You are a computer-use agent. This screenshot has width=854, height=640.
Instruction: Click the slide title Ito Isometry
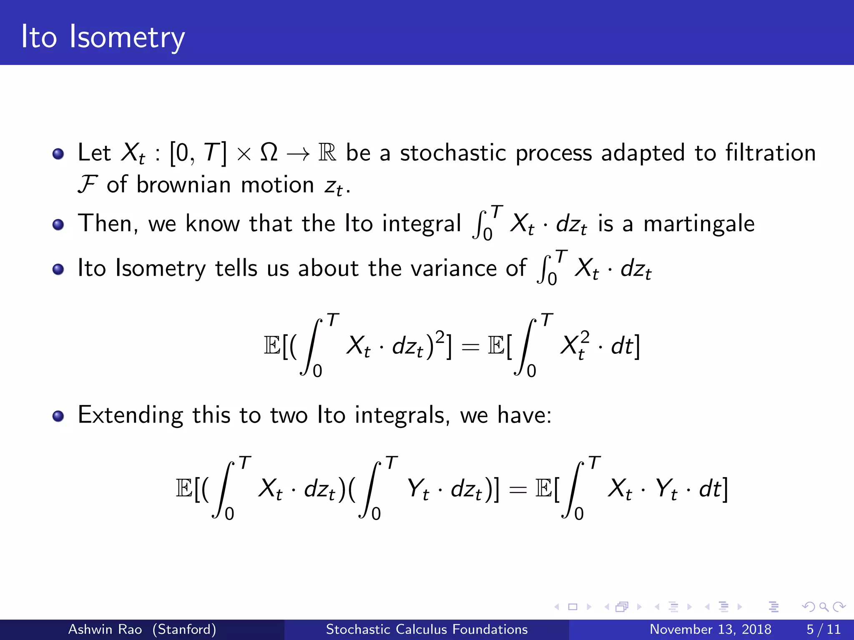(103, 37)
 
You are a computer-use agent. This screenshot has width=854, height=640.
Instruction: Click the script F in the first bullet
(87, 184)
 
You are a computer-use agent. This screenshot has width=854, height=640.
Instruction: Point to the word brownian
(183, 184)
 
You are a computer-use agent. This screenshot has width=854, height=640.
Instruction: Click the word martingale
(699, 224)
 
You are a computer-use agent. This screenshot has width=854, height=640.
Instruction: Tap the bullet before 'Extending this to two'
(58, 416)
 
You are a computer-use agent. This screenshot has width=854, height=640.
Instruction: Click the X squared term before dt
(575, 345)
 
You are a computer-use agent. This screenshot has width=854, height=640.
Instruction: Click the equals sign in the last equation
(517, 489)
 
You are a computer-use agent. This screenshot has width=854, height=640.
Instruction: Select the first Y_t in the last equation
(418, 489)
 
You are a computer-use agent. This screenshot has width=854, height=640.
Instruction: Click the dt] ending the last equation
(713, 488)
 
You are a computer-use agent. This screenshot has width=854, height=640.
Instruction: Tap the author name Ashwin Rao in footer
(105, 629)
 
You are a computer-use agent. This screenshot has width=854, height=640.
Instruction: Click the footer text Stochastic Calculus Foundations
(427, 629)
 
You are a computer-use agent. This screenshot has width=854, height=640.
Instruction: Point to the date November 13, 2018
(710, 629)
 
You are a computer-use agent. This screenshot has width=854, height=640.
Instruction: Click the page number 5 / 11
(823, 629)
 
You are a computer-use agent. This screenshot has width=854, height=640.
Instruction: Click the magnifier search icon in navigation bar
(824, 607)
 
